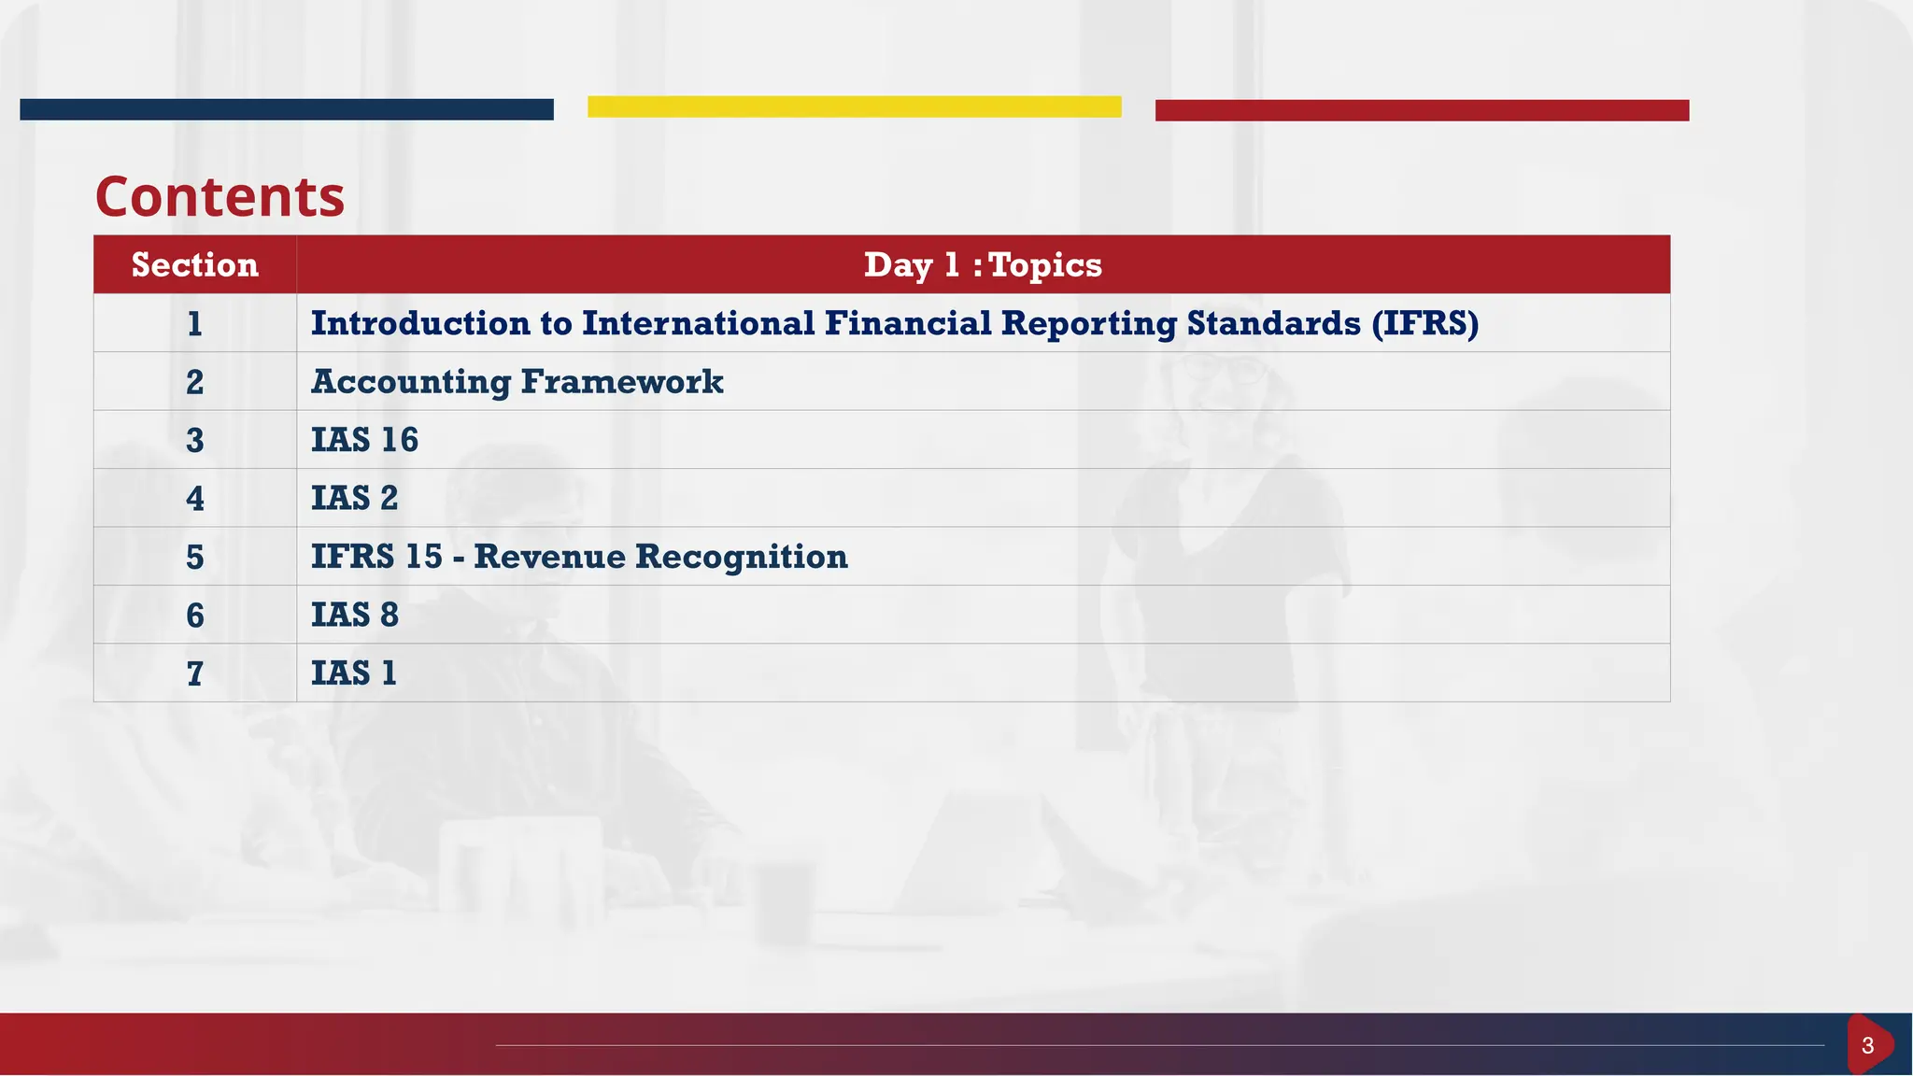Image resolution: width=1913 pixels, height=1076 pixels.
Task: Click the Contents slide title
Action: point(220,197)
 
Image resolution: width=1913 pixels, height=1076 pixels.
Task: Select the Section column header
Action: point(194,265)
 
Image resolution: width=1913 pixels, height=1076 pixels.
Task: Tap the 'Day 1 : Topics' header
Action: point(983,265)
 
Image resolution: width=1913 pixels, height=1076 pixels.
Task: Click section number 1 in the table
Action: point(194,324)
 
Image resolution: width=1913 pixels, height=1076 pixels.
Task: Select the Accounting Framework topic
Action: point(517,382)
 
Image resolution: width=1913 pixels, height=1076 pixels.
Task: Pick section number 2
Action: point(194,382)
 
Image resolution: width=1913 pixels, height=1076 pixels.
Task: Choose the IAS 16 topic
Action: point(364,440)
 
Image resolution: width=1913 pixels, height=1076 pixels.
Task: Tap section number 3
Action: point(194,440)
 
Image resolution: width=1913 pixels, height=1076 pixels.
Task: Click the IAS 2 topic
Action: point(354,498)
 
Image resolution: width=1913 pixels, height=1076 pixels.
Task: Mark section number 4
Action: point(194,498)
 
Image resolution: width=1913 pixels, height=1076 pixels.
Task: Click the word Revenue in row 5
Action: point(549,557)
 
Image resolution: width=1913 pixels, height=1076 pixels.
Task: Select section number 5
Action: point(194,557)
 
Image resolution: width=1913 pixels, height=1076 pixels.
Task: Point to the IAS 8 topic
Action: point(354,615)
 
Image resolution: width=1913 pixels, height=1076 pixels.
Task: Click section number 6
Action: point(194,615)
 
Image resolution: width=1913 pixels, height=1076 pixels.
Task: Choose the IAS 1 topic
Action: point(353,672)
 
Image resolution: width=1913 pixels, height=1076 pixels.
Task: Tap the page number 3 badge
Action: point(1867,1045)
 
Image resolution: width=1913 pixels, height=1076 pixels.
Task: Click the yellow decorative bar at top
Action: point(854,106)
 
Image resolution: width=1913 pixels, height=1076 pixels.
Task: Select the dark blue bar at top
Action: point(286,109)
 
